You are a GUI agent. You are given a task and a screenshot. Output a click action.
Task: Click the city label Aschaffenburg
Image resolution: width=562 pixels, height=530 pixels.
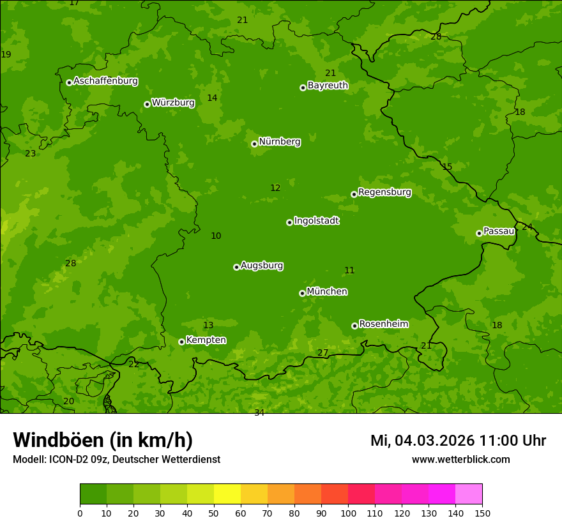coord(105,81)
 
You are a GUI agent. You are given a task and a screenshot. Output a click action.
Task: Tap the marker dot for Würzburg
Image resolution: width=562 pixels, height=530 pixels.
coord(147,104)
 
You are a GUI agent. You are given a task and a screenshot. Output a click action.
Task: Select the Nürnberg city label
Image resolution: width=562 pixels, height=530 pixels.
coord(279,142)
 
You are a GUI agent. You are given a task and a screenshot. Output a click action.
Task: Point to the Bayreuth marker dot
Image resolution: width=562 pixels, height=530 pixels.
coord(303,87)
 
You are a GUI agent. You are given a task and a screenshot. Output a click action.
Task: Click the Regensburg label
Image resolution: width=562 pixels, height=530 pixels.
coord(384,192)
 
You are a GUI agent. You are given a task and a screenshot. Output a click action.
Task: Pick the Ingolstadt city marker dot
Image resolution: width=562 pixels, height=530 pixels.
coord(289,222)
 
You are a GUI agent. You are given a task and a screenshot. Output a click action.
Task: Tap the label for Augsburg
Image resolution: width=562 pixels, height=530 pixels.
coord(262,266)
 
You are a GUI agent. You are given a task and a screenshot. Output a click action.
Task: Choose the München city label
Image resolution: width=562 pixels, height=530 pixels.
coord(327,292)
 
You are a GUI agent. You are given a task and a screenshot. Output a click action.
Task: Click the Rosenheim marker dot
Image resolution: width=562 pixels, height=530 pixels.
coord(354,326)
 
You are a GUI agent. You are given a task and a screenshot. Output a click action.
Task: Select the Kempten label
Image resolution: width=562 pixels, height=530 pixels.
coord(206,340)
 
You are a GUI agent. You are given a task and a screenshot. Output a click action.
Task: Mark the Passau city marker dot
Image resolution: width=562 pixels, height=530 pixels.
coord(479,233)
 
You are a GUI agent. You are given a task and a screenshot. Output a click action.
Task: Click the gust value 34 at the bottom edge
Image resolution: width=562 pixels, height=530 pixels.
coord(259,413)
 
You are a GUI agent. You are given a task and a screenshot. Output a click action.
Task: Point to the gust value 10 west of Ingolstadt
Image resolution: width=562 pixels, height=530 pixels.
coord(216,236)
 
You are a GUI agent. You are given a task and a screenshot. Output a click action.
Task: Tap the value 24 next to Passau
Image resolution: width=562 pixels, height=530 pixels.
coord(527,227)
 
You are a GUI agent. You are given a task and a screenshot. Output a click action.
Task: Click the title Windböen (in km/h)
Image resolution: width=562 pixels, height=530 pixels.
coord(102,440)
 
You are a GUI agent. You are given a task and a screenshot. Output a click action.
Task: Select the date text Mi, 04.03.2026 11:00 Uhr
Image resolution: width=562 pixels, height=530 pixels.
coord(458,441)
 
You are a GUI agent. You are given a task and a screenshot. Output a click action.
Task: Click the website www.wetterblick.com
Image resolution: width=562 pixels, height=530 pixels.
coord(460,459)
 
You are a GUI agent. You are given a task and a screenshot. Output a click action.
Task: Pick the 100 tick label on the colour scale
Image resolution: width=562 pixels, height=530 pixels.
coord(348,513)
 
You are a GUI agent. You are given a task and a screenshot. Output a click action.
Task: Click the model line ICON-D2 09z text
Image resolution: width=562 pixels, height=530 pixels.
coord(116,459)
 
